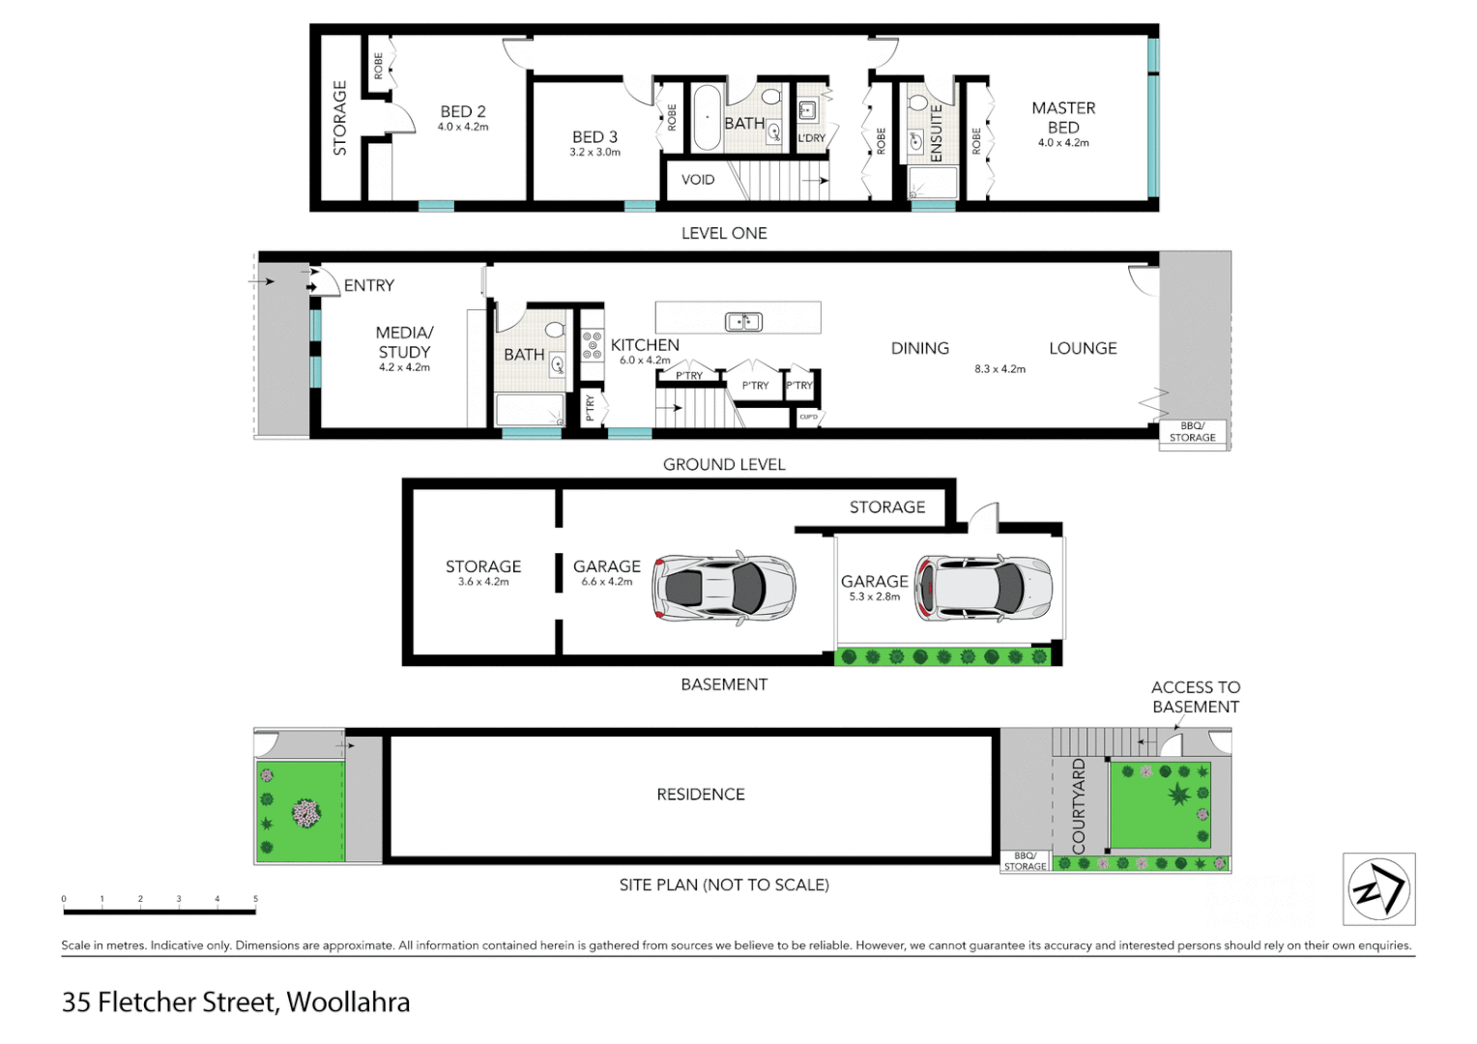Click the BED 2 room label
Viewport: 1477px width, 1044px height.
coord(463,112)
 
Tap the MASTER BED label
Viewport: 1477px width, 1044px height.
coord(1063,118)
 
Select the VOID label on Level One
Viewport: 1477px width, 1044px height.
coord(697,180)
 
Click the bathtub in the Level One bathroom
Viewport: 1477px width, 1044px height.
coord(707,118)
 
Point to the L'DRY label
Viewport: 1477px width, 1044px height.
coord(811,138)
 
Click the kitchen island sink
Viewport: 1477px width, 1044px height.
coord(743,321)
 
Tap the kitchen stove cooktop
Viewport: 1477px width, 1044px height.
coord(592,346)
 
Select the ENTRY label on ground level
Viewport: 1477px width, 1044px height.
coord(368,286)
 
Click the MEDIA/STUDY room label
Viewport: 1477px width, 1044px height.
coord(404,342)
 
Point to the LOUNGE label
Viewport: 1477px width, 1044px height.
coord(1083,349)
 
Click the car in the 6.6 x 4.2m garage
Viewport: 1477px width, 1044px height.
coord(724,587)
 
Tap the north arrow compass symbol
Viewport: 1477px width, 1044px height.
coord(1378,889)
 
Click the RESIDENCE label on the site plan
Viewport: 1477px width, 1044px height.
coord(701,795)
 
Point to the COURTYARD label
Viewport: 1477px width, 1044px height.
coord(1079,806)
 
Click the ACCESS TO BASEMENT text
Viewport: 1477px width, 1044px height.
coord(1196,697)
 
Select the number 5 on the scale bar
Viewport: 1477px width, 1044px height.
coord(255,899)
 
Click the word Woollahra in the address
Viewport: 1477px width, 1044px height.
coord(348,1002)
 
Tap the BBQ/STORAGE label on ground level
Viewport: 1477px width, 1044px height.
coord(1192,432)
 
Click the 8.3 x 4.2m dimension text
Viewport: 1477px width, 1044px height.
coord(999,369)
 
